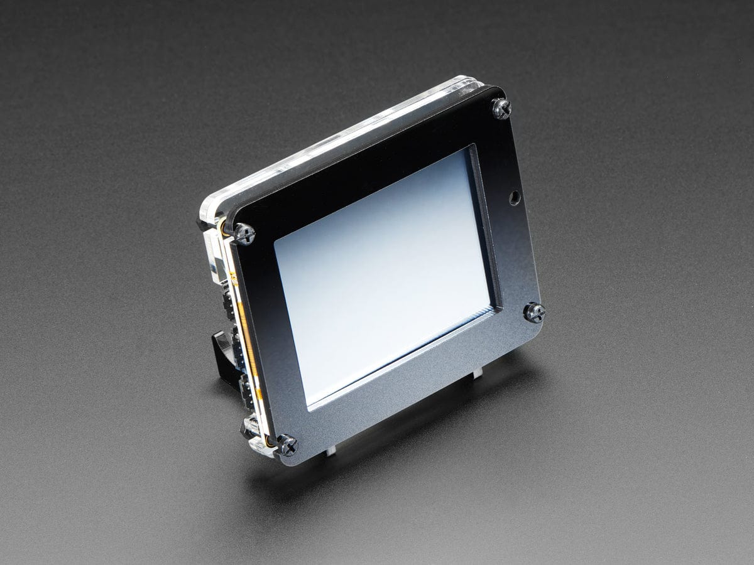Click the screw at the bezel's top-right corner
click(501, 108)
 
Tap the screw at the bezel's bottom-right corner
click(534, 312)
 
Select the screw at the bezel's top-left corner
click(244, 234)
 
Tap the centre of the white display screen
click(383, 273)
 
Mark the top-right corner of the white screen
click(470, 151)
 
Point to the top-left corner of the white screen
click(275, 241)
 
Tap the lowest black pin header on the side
click(246, 389)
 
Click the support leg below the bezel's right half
click(478, 372)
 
